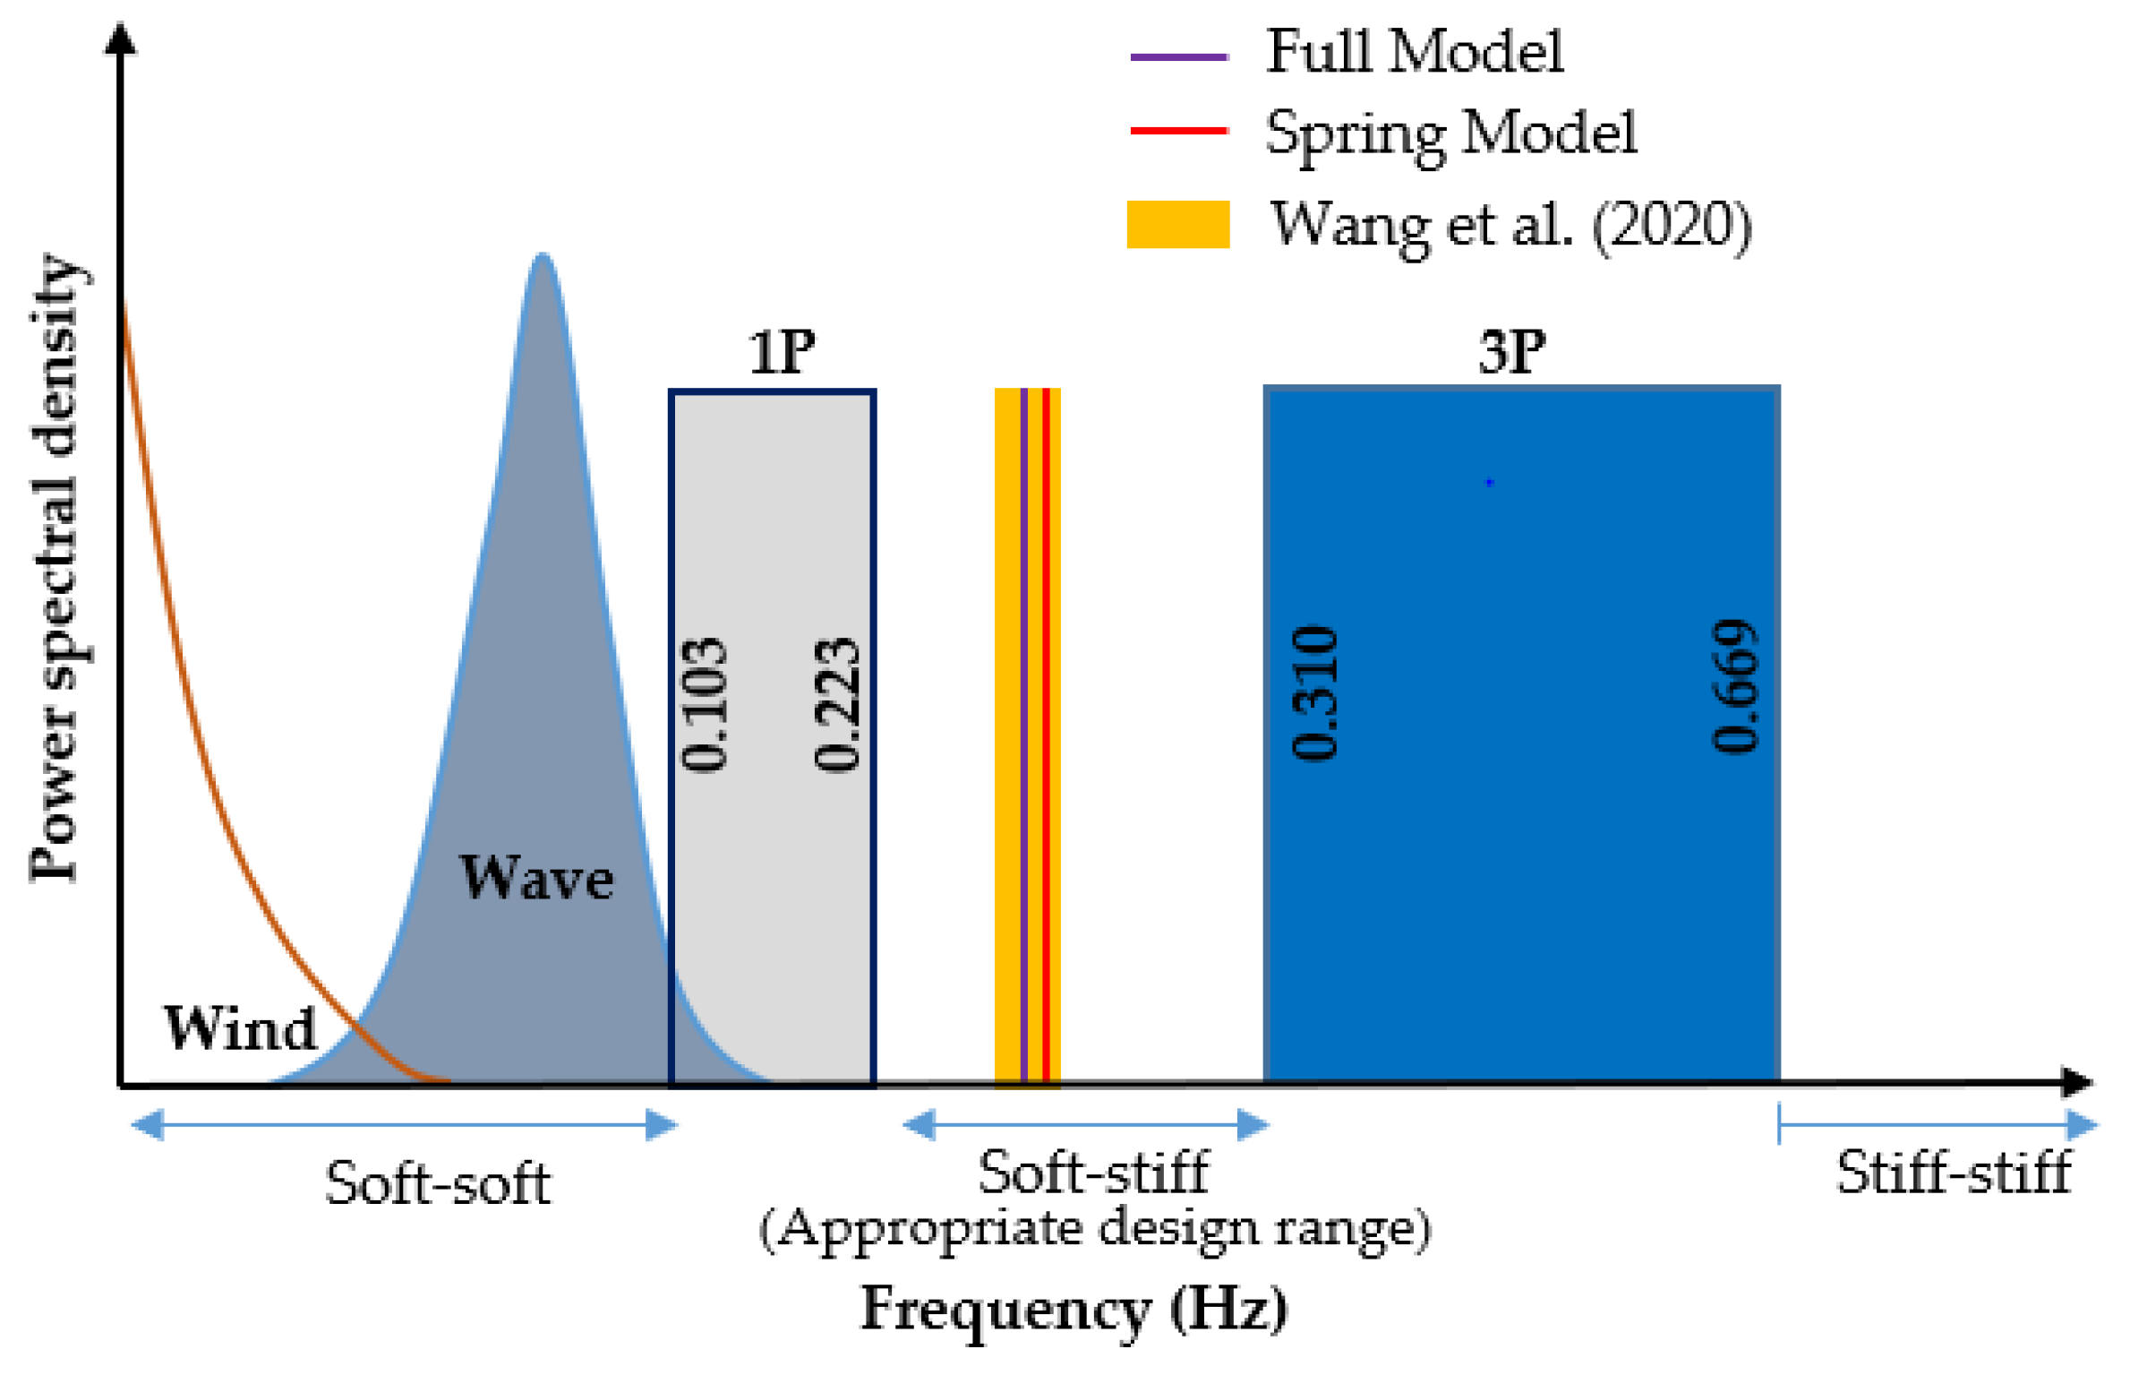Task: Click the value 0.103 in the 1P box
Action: coord(704,705)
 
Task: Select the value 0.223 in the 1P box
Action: coord(836,705)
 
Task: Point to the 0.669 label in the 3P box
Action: coord(1734,687)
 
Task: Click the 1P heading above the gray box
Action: coord(782,352)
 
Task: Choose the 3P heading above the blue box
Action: coord(1511,352)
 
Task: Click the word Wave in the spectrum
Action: coord(536,878)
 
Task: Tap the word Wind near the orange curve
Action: coord(240,1027)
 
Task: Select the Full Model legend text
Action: coord(1415,51)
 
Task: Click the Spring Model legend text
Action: coord(1451,133)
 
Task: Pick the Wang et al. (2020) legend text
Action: coord(1511,225)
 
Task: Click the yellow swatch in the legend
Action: coord(1177,224)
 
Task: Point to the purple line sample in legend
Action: coord(1178,56)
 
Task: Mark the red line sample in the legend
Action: coord(1178,131)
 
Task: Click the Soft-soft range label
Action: coord(437,1183)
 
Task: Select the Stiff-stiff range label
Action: coord(1954,1173)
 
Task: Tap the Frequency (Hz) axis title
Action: coord(1074,1310)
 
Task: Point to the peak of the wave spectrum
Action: coord(542,257)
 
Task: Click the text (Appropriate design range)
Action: coord(1094,1230)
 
